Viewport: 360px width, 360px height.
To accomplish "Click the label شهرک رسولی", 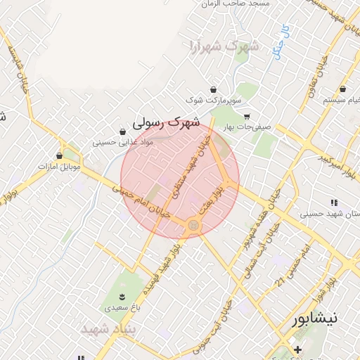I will (x=166, y=122).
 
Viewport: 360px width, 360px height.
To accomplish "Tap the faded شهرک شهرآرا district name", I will (x=224, y=48).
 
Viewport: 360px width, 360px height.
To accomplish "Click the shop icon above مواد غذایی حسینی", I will (x=123, y=131).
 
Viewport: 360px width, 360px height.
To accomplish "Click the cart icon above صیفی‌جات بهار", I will (x=247, y=117).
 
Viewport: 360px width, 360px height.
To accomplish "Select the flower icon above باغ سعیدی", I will (x=122, y=296).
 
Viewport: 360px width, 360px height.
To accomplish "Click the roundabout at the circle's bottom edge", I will (x=193, y=225).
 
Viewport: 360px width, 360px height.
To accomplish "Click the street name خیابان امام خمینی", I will (x=134, y=200).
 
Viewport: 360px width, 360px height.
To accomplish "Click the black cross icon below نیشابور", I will (x=297, y=349).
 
